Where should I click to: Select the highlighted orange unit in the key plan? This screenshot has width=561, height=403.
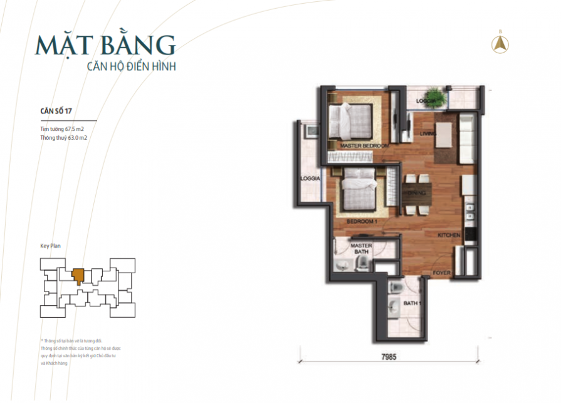pyautogui.click(x=78, y=275)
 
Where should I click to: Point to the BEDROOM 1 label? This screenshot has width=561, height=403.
pyautogui.click(x=362, y=222)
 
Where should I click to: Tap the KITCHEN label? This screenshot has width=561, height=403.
pyautogui.click(x=449, y=235)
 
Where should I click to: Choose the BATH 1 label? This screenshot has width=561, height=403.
pyautogui.click(x=411, y=304)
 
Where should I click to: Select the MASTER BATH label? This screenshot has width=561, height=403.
pyautogui.click(x=362, y=249)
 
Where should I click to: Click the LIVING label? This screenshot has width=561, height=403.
pyautogui.click(x=428, y=133)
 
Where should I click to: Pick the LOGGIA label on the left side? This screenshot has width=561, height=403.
pyautogui.click(x=311, y=178)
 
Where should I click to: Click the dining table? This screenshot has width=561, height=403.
pyautogui.click(x=414, y=194)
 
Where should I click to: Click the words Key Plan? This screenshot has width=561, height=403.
pyautogui.click(x=50, y=246)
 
